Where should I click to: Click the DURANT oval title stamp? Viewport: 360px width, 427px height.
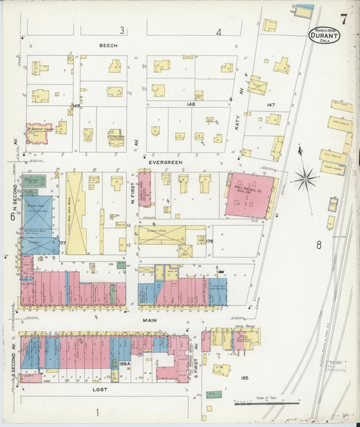click(324, 34)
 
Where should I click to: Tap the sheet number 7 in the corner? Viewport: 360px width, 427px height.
click(344, 19)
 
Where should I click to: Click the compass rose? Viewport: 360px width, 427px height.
click(305, 178)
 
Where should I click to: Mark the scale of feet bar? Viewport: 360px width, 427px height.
click(267, 403)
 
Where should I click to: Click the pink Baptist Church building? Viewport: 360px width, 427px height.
click(39, 131)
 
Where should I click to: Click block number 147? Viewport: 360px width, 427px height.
click(272, 105)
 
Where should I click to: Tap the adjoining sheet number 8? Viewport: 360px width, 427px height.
click(318, 245)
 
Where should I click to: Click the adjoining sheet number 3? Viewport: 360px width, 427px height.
click(122, 31)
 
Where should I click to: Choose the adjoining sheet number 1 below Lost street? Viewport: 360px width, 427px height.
click(97, 412)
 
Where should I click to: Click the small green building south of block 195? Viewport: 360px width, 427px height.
click(213, 393)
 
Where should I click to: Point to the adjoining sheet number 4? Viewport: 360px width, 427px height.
click(219, 32)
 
